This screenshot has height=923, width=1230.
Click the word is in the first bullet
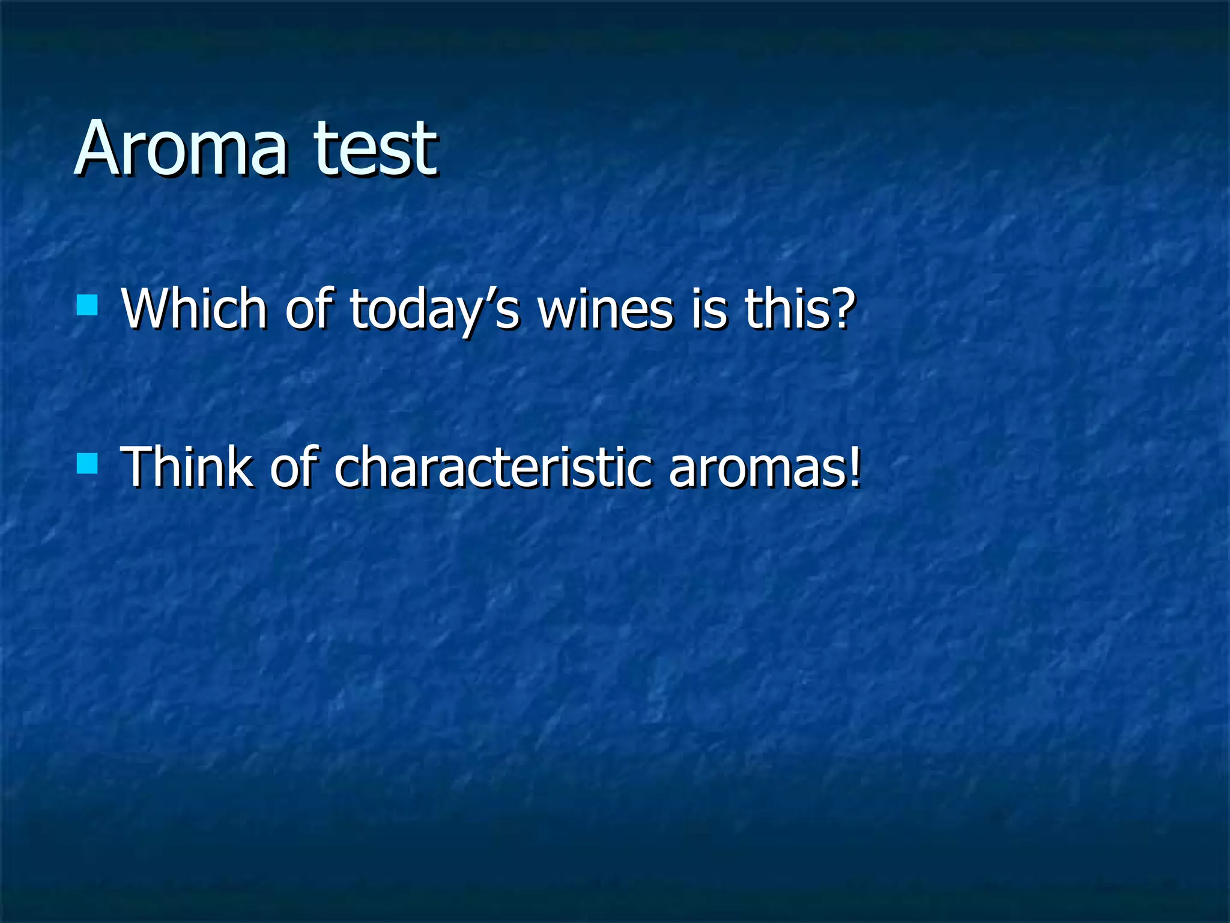(x=708, y=309)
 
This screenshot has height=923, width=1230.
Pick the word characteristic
(x=492, y=468)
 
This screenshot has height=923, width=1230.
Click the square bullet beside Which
(x=88, y=305)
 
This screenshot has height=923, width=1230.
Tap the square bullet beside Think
(x=88, y=463)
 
